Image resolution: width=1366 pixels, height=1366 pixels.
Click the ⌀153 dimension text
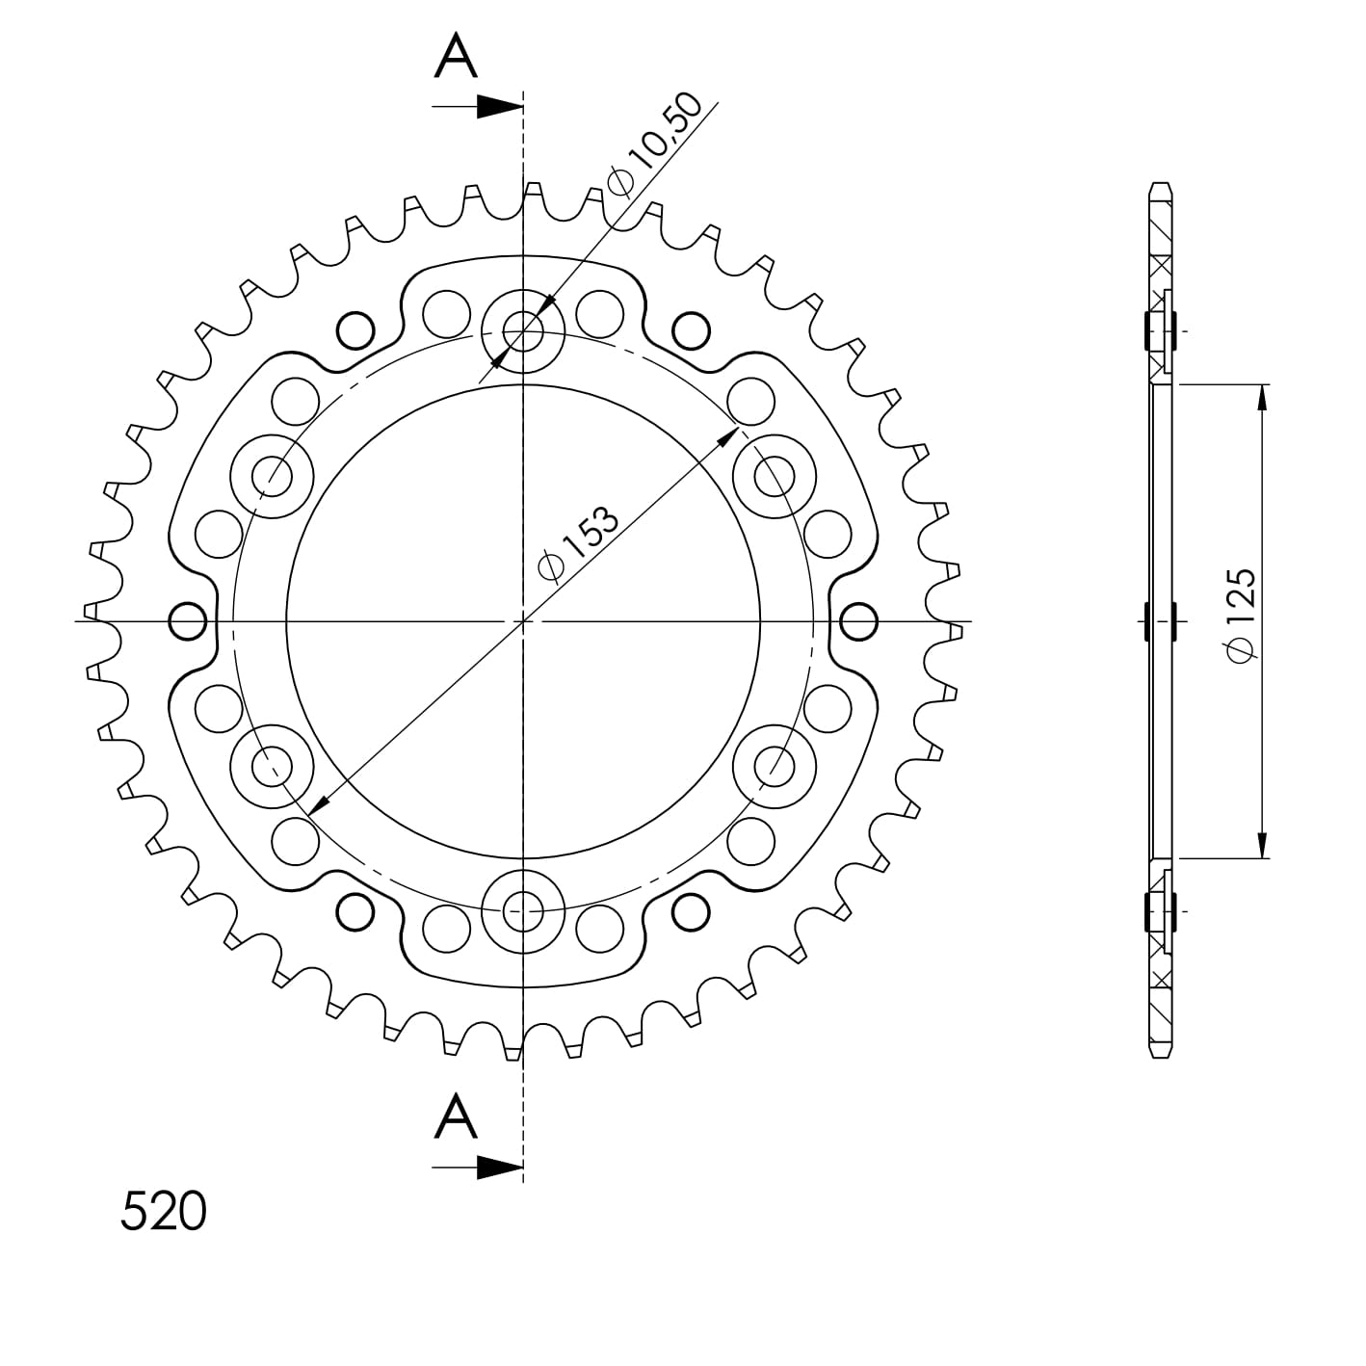(578, 544)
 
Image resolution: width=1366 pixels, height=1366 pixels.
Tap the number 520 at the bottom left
(163, 1211)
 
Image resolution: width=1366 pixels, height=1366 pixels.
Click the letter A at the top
(456, 58)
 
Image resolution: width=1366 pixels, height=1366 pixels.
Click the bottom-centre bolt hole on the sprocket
(522, 907)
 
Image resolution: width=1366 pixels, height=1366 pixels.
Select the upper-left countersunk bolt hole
(273, 475)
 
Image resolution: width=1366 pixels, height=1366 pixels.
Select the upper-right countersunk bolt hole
(772, 475)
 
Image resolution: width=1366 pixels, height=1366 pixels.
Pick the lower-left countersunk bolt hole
(273, 766)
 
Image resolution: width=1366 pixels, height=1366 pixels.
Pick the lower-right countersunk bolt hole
(772, 766)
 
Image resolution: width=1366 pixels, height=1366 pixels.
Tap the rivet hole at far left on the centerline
(188, 620)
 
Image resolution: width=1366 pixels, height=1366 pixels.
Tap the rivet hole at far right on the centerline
(858, 620)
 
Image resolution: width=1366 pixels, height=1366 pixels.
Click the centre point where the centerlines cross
(522, 621)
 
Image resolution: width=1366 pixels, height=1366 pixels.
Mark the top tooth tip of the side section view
(1163, 185)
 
